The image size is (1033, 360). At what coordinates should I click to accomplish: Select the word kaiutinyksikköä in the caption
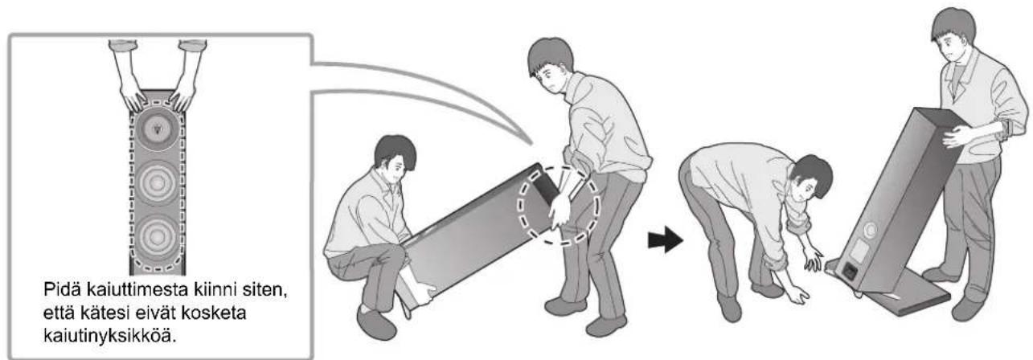click(110, 336)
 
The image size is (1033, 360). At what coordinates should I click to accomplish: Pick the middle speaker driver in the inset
click(158, 183)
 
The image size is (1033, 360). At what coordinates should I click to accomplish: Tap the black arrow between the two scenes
click(665, 239)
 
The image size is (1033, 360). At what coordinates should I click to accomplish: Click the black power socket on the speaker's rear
click(850, 272)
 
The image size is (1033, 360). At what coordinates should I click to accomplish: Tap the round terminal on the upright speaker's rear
click(870, 230)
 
